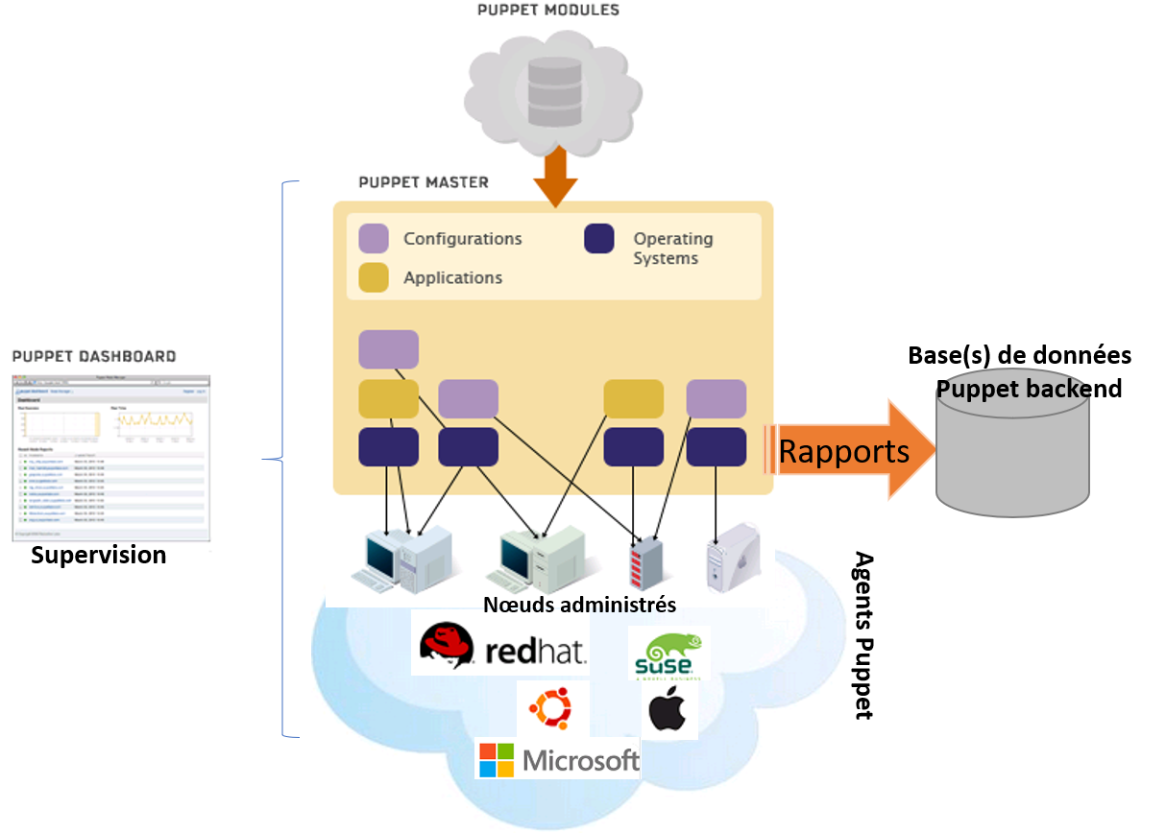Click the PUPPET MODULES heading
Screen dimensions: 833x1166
(x=548, y=11)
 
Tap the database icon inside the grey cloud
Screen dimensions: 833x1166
(x=554, y=92)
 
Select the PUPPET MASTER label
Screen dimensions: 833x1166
(x=424, y=182)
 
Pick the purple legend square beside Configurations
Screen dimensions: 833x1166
(x=374, y=239)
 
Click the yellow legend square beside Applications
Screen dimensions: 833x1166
(x=374, y=277)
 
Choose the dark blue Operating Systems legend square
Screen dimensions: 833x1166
(x=599, y=239)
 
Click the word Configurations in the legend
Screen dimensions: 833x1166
(x=463, y=239)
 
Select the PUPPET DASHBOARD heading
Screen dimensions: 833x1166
(x=94, y=356)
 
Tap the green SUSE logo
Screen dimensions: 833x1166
(x=668, y=654)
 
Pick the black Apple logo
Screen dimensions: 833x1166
(x=668, y=711)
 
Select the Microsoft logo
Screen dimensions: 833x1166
(x=559, y=761)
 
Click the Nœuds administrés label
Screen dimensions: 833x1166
(x=579, y=605)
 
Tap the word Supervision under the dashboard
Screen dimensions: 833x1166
(x=98, y=553)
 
